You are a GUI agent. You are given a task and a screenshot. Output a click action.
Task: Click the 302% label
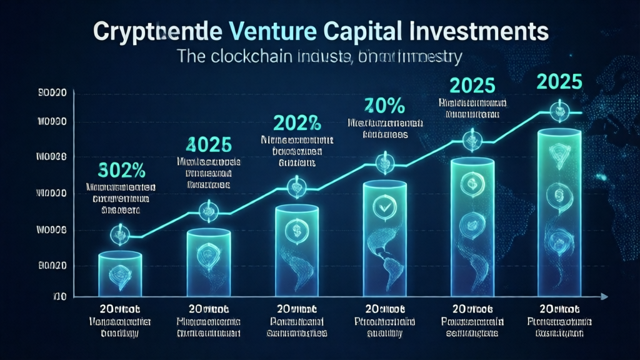click(x=121, y=169)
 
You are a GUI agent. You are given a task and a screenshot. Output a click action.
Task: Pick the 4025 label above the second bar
click(x=208, y=144)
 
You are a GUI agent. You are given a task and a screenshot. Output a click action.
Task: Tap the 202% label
click(x=294, y=120)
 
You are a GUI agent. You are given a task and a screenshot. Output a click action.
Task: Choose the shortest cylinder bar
click(x=121, y=272)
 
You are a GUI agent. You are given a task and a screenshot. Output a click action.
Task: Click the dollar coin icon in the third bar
click(x=294, y=230)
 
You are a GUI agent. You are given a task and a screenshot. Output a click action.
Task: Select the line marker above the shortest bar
click(x=119, y=235)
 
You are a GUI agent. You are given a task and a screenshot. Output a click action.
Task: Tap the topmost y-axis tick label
click(x=52, y=94)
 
